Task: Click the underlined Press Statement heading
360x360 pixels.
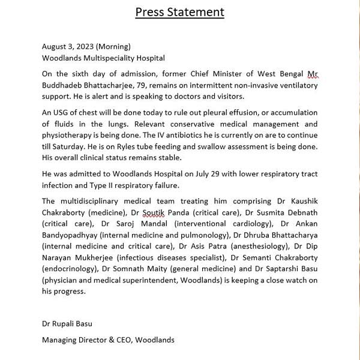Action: [x=180, y=11]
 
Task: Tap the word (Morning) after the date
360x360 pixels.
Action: [x=114, y=46]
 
